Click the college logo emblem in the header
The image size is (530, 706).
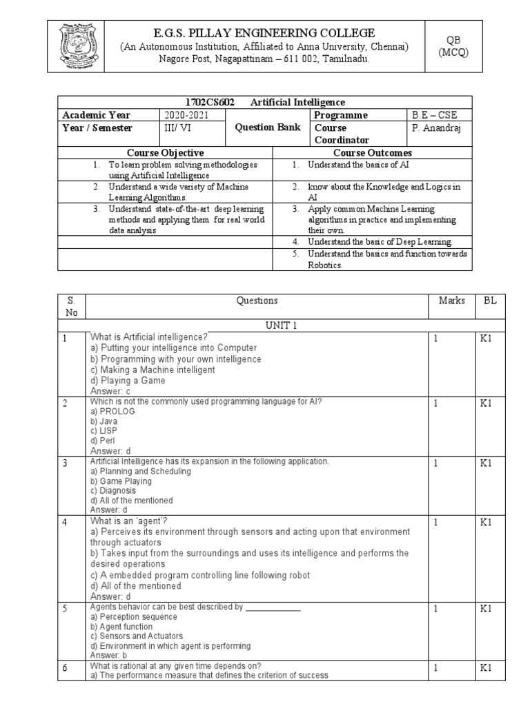pyautogui.click(x=75, y=47)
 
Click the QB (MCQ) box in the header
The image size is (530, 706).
pyautogui.click(x=453, y=46)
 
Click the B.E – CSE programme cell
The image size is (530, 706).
pyautogui.click(x=433, y=115)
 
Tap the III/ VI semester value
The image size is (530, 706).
pyautogui.click(x=177, y=128)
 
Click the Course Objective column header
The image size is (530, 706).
pyautogui.click(x=165, y=152)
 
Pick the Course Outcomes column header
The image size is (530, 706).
pyautogui.click(x=373, y=152)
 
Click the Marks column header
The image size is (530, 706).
pyautogui.click(x=451, y=301)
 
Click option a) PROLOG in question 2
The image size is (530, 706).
pyautogui.click(x=113, y=411)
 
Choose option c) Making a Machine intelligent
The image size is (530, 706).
pyautogui.click(x=153, y=370)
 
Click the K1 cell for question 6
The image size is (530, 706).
pyautogui.click(x=486, y=667)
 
